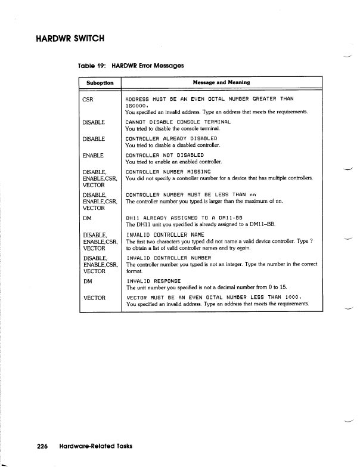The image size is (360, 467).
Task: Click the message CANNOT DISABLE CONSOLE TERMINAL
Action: click(178, 122)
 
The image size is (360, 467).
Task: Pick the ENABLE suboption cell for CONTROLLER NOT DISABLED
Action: click(94, 155)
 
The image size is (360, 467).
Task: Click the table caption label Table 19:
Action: click(92, 65)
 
